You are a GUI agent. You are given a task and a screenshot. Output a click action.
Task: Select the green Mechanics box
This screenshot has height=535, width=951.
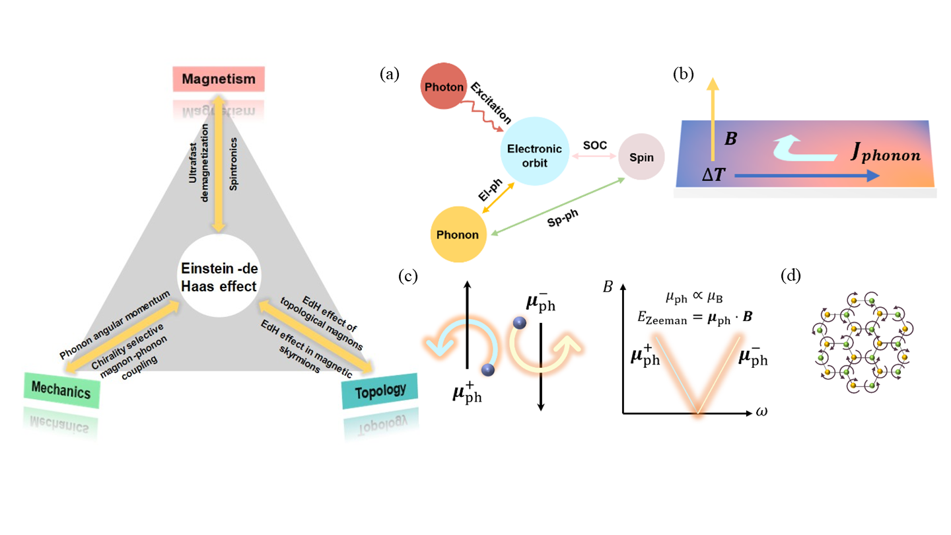click(x=63, y=390)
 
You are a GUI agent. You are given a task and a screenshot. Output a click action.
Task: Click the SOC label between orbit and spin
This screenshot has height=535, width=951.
click(x=592, y=145)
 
